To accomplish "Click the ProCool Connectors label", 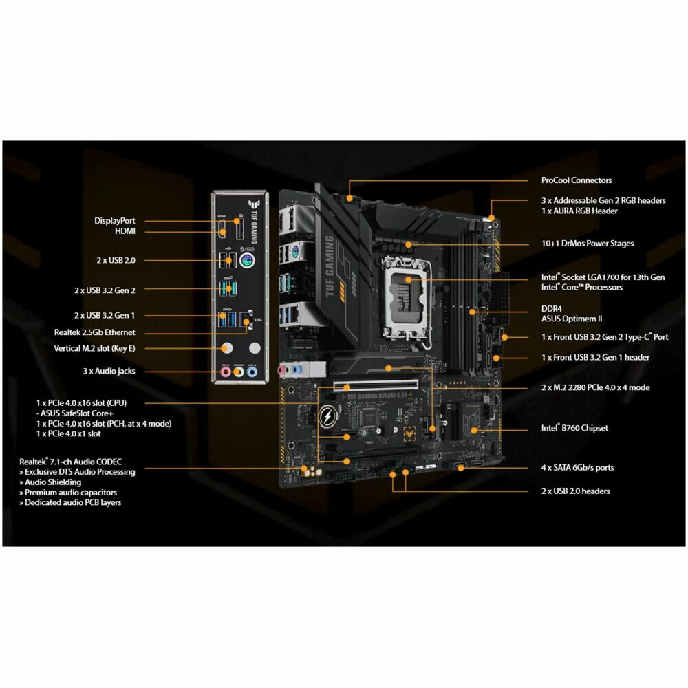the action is tap(576, 180).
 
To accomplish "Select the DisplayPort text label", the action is tap(115, 221).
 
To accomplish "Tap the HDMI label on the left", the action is tap(125, 232).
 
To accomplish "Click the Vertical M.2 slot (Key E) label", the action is tap(94, 348).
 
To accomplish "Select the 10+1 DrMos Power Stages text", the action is tap(587, 244).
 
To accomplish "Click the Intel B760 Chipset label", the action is tap(574, 428).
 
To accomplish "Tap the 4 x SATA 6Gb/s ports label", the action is tap(577, 468).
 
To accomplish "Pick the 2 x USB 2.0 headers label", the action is tap(575, 491).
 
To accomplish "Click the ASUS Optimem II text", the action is tap(572, 319).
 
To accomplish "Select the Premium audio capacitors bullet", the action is tap(68, 493).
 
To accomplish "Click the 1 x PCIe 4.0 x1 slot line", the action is tap(68, 433).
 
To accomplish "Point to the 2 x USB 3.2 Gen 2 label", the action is tap(105, 290).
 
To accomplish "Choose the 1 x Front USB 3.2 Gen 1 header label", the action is tap(595, 357).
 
